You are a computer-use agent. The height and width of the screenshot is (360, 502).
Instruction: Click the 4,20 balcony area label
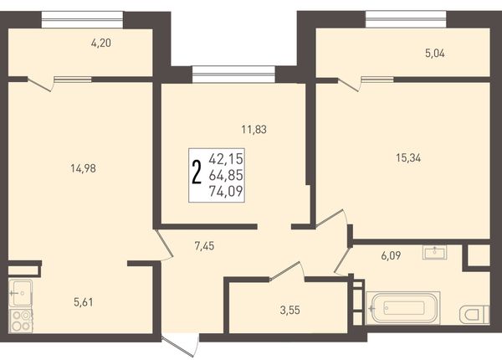pyautogui.click(x=101, y=43)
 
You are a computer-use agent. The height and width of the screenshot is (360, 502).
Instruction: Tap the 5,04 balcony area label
pyautogui.click(x=435, y=54)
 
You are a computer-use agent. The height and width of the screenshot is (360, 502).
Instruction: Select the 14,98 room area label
pyautogui.click(x=83, y=168)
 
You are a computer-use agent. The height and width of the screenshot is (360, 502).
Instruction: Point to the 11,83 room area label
pyautogui.click(x=254, y=130)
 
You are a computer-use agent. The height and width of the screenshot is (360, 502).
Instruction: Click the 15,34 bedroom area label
pyautogui.click(x=408, y=157)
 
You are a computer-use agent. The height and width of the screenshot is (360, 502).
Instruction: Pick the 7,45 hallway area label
pyautogui.click(x=204, y=246)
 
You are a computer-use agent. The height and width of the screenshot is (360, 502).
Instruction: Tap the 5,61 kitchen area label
pyautogui.click(x=83, y=302)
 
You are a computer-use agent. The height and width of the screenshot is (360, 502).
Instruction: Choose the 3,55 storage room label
pyautogui.click(x=290, y=310)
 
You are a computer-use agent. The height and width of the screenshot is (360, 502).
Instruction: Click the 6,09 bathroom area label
pyautogui.click(x=391, y=255)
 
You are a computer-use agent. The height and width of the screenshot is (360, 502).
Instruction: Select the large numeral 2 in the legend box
pyautogui.click(x=197, y=173)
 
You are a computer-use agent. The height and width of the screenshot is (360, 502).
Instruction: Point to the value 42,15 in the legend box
pyautogui.click(x=226, y=159)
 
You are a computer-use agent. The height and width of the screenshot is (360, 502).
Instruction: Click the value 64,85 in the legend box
pyautogui.click(x=226, y=175)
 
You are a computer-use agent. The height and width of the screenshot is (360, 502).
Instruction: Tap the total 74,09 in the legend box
pyautogui.click(x=226, y=192)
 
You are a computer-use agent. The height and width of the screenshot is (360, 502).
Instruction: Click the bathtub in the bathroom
pyautogui.click(x=402, y=308)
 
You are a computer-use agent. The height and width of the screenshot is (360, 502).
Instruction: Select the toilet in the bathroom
pyautogui.click(x=474, y=315)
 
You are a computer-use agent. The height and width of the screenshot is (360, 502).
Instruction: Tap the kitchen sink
pyautogui.click(x=20, y=293)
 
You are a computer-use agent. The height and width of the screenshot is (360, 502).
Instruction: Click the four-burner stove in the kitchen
pyautogui.click(x=21, y=321)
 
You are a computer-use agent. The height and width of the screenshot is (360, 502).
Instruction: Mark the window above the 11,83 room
pyautogui.click(x=233, y=75)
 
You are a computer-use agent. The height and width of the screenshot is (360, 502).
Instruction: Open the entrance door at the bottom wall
pyautogui.click(x=181, y=346)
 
